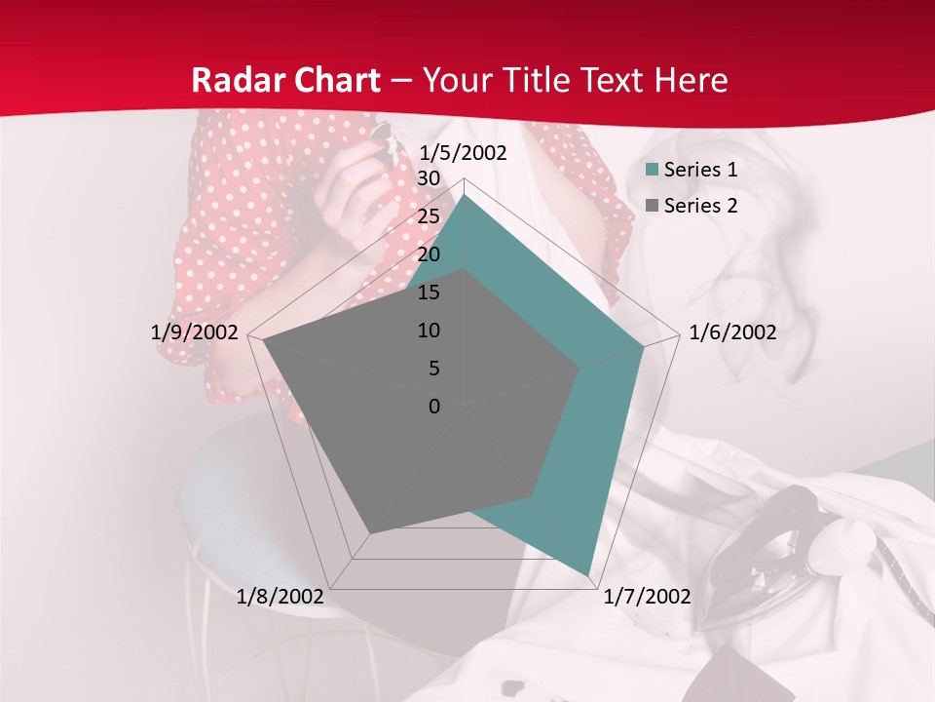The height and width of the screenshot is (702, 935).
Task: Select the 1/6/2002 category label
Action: (732, 332)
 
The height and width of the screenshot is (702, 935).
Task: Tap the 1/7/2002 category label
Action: (647, 597)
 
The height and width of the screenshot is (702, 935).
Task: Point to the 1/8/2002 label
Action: (280, 597)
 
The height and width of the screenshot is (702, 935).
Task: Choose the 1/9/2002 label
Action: (194, 332)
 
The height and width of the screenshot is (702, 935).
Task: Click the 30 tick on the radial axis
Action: (429, 178)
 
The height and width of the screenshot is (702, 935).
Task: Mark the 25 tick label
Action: (429, 216)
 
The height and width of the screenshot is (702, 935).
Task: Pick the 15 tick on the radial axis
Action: (429, 292)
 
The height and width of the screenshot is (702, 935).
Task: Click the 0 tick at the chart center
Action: (434, 407)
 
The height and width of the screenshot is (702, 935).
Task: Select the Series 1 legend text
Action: (700, 170)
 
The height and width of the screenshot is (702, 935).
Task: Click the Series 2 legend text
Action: (700, 206)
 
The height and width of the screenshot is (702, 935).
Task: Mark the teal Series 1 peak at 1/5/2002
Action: (465, 195)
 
